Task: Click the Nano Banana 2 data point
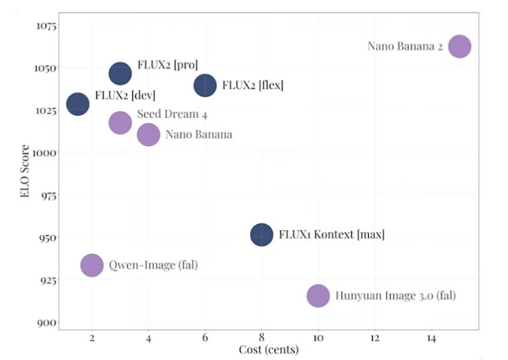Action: click(459, 46)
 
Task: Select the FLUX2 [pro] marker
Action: click(120, 73)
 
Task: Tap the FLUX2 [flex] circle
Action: click(205, 85)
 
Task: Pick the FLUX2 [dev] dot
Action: click(78, 104)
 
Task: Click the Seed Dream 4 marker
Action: click(120, 122)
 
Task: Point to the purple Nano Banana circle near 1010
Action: click(148, 134)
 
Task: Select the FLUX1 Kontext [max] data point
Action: click(262, 234)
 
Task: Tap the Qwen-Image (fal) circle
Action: click(92, 265)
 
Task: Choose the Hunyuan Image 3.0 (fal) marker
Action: click(318, 296)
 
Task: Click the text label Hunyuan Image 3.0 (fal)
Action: click(396, 296)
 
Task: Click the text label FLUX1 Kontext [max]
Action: click(331, 234)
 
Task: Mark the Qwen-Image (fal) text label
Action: click(153, 265)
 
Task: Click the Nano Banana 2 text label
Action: click(405, 46)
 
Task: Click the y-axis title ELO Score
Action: click(24, 172)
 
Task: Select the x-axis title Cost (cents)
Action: click(268, 349)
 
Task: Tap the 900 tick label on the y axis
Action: click(47, 322)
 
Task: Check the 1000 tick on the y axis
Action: click(44, 152)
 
